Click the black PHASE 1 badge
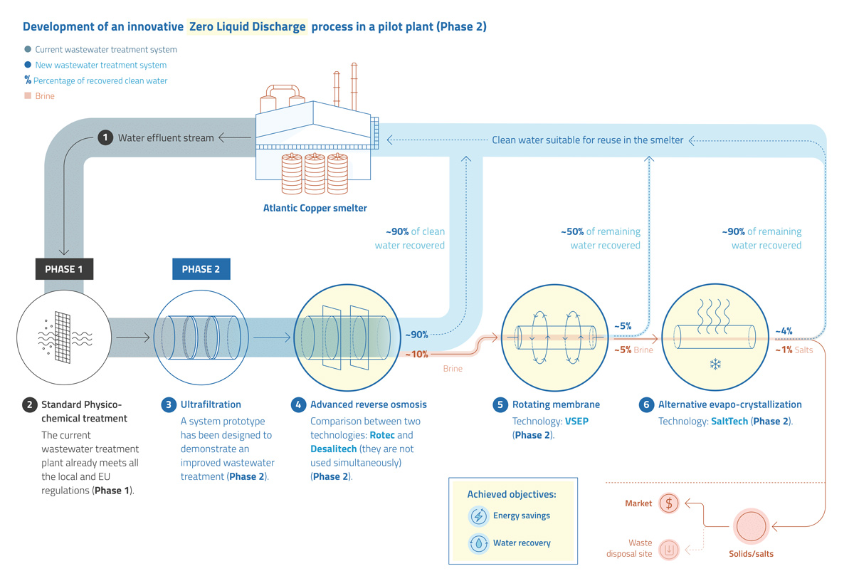click(64, 269)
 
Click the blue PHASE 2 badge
click(201, 269)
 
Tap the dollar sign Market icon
click(669, 503)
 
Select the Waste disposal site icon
click(669, 550)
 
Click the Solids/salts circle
click(751, 526)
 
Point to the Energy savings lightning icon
click(478, 516)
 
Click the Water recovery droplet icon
click(478, 543)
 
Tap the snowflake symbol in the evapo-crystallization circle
click(715, 364)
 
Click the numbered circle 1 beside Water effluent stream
click(105, 137)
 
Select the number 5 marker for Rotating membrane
click(500, 404)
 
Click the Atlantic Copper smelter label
click(315, 209)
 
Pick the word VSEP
click(576, 422)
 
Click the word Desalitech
click(334, 449)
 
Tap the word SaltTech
click(729, 422)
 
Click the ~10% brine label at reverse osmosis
click(416, 355)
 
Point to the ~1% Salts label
click(794, 350)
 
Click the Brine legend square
click(28, 95)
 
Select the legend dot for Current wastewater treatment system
click(28, 49)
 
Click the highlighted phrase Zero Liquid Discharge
click(248, 27)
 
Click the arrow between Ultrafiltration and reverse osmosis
click(272, 338)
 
